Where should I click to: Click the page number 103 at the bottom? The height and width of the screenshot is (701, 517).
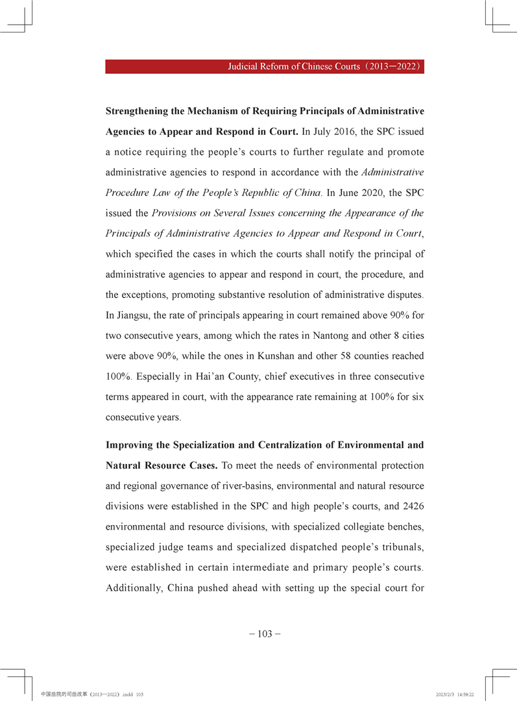pos(265,633)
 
